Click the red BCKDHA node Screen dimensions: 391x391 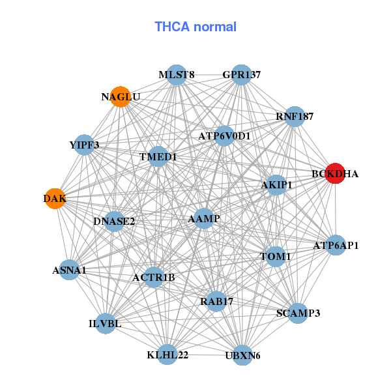[334, 174]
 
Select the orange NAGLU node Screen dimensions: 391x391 [121, 97]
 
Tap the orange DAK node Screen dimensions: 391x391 [55, 198]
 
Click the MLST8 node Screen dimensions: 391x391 [177, 75]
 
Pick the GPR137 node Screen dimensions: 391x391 [241, 75]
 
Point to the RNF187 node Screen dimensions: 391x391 [295, 117]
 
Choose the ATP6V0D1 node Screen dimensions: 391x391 [224, 136]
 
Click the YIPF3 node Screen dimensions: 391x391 [85, 145]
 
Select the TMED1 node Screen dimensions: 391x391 [158, 157]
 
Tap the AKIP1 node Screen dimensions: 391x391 [276, 185]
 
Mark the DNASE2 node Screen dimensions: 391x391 [114, 222]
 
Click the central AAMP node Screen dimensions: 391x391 [204, 219]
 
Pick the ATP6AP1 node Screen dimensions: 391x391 [336, 246]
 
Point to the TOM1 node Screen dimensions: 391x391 [275, 257]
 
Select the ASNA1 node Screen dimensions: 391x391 [69, 269]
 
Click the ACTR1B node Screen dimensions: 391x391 [154, 278]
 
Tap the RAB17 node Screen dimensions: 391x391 [216, 302]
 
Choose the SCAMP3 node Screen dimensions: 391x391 [298, 313]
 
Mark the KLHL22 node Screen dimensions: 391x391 [167, 355]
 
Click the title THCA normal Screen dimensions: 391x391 [195, 27]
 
